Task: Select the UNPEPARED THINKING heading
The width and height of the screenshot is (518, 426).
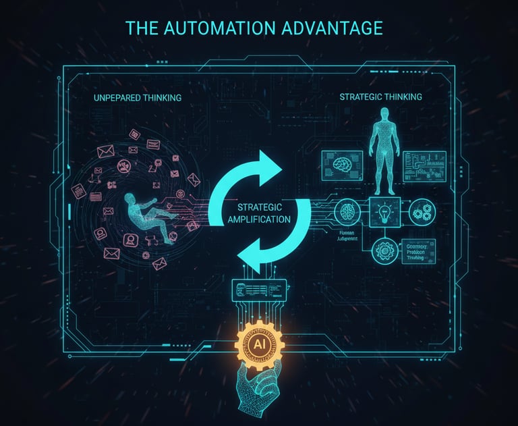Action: (138, 98)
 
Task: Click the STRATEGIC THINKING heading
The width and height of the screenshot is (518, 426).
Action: (381, 97)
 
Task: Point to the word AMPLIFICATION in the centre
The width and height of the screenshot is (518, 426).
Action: (259, 219)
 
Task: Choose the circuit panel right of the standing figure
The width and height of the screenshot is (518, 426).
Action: (425, 165)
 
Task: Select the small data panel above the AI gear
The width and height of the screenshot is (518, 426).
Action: (258, 289)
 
